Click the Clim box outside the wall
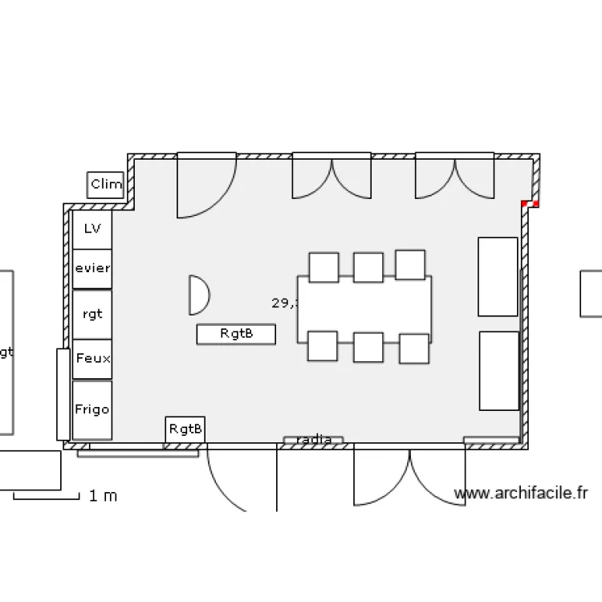105,185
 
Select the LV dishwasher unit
92,229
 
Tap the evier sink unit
92,268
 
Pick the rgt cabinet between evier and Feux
92,314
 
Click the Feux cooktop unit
92,359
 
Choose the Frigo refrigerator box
92,409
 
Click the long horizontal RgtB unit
236,333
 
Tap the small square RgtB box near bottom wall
185,429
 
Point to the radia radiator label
314,440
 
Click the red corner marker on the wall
530,204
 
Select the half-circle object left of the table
197,295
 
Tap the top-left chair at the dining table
323,267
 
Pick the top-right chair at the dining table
410,265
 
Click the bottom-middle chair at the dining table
368,348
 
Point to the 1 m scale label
103,496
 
